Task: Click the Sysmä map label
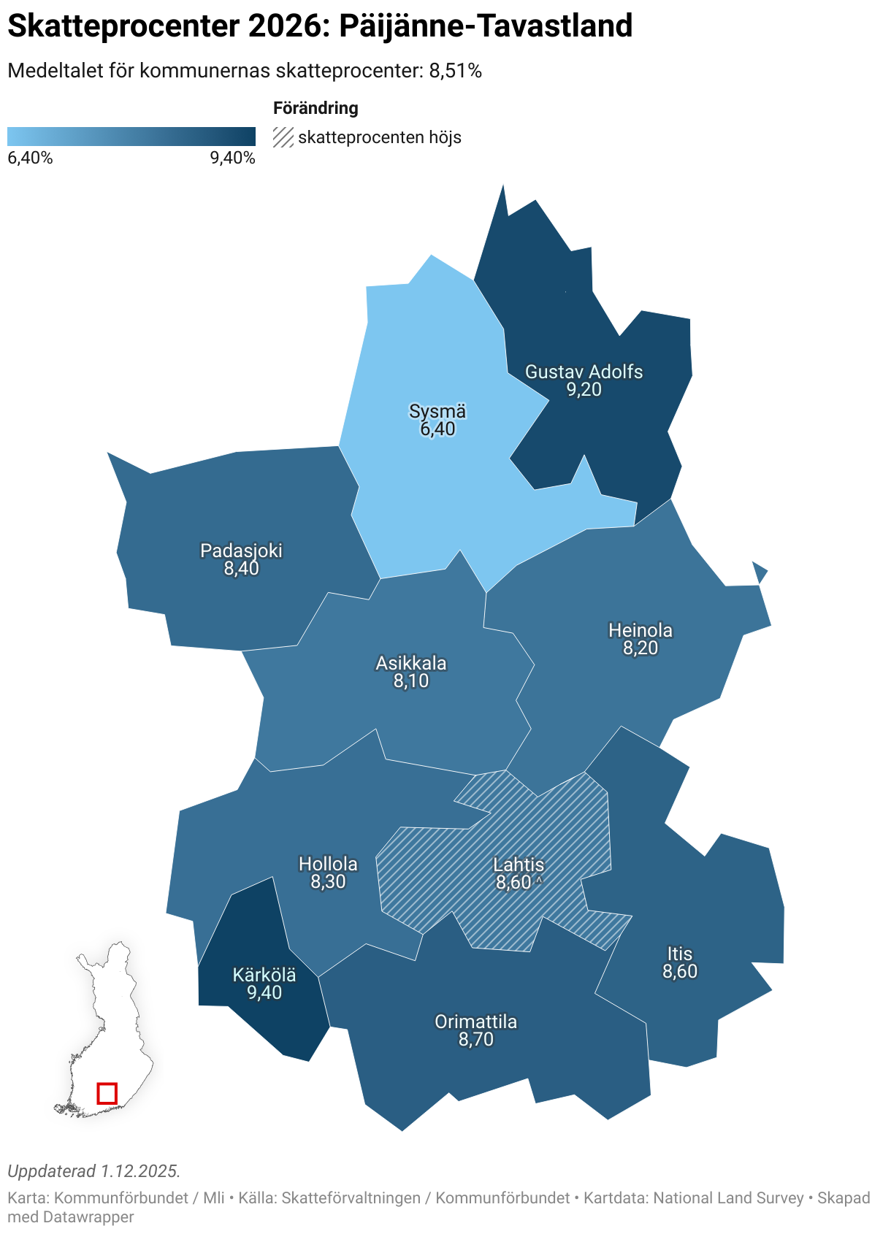(437, 412)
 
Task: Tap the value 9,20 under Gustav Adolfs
(584, 389)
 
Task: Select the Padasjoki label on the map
(241, 551)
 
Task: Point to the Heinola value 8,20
(640, 648)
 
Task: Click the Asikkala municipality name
(411, 663)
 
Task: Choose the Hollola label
(328, 864)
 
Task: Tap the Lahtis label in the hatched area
(519, 865)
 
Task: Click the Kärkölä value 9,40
(264, 992)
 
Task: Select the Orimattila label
(475, 1022)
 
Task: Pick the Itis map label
(680, 954)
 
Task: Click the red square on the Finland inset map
(107, 1093)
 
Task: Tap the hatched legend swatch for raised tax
(283, 137)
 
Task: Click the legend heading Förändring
(316, 108)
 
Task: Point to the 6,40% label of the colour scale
(30, 158)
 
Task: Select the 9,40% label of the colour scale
(233, 158)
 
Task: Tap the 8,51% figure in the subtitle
(455, 71)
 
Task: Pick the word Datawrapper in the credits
(88, 1217)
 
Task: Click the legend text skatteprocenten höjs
(380, 137)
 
